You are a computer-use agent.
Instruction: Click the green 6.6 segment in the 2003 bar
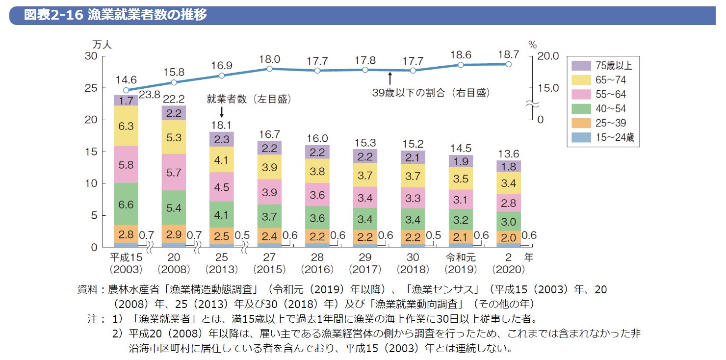click(126, 205)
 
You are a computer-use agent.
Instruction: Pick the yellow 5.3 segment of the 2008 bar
click(174, 138)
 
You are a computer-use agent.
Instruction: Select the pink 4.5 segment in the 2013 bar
click(222, 187)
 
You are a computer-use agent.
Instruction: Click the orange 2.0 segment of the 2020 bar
click(509, 238)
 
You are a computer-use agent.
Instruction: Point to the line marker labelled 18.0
click(269, 69)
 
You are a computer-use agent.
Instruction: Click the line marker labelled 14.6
click(126, 90)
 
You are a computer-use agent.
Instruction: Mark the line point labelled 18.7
click(509, 64)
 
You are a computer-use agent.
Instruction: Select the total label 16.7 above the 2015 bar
click(269, 134)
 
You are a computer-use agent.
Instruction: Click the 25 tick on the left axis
click(92, 88)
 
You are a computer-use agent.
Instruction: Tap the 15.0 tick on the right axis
click(548, 88)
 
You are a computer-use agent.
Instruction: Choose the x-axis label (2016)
click(317, 270)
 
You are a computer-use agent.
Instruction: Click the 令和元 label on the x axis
click(461, 257)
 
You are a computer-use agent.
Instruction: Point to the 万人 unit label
click(102, 44)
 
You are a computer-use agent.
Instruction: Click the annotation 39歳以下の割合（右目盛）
click(431, 92)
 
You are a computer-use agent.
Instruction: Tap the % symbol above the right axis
click(533, 45)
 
